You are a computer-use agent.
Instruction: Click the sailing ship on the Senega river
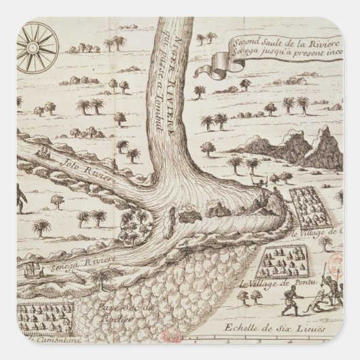(31, 271)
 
